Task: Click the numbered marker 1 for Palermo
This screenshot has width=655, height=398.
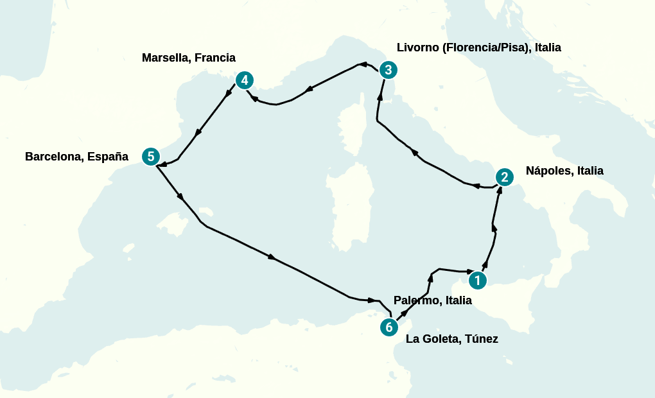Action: tap(477, 280)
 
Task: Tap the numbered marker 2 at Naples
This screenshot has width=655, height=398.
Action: tap(505, 177)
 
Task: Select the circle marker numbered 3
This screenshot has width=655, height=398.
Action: tap(388, 69)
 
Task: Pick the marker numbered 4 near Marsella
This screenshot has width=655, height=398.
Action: tap(244, 80)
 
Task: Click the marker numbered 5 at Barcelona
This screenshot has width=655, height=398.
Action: tap(150, 156)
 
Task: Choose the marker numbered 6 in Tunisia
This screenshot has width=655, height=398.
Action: tap(389, 327)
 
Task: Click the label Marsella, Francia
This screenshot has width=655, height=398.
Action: tap(188, 58)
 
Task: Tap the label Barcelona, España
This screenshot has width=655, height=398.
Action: tap(76, 157)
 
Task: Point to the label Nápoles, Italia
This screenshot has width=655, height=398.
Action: tap(564, 171)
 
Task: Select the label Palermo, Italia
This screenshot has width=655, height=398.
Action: tap(432, 300)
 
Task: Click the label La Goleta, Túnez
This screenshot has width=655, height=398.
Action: tap(451, 339)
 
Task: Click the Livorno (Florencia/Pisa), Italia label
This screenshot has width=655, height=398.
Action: tap(478, 48)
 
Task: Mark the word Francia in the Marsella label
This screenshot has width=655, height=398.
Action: tap(214, 58)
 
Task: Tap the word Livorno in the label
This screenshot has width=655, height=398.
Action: tap(417, 48)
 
